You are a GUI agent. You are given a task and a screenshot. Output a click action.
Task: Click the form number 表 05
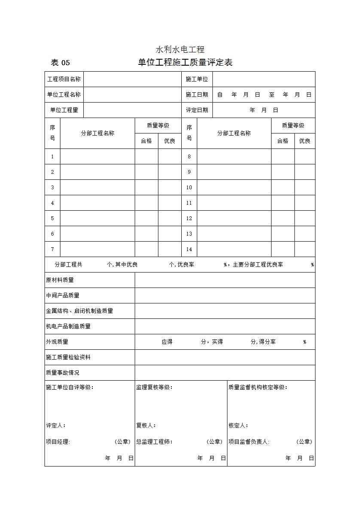pyautogui.click(x=60, y=63)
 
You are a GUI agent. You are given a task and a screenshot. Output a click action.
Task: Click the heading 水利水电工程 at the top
pyautogui.click(x=180, y=49)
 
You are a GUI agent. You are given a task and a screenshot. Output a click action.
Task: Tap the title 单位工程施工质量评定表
pyautogui.click(x=185, y=63)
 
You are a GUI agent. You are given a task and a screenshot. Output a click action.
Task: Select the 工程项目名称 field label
pyautogui.click(x=64, y=79)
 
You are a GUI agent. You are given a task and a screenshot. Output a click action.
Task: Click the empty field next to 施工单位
pyautogui.click(x=264, y=79)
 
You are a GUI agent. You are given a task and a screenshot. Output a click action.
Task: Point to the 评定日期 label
pyautogui.click(x=197, y=110)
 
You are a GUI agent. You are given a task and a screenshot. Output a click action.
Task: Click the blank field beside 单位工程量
pyautogui.click(x=132, y=110)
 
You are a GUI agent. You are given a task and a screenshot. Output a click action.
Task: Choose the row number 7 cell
pyautogui.click(x=52, y=249)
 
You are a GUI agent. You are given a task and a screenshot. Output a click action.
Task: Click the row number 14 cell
pyautogui.click(x=189, y=249)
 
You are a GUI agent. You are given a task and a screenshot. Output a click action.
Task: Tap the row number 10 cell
pyautogui.click(x=189, y=188)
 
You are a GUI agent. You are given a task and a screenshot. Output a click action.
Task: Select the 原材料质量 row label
pyautogui.click(x=60, y=280)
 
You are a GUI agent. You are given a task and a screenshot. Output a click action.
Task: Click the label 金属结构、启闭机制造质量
pyautogui.click(x=79, y=311)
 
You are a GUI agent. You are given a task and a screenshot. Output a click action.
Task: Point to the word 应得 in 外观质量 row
pyautogui.click(x=167, y=342)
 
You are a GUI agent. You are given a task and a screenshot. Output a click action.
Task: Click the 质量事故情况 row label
pyautogui.click(x=63, y=373)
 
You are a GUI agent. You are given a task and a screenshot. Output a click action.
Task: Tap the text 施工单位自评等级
pyautogui.click(x=70, y=388)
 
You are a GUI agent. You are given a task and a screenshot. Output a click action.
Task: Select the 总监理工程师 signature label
pyautogui.click(x=154, y=442)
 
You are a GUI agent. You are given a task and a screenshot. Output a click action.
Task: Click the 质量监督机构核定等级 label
pyautogui.click(x=258, y=388)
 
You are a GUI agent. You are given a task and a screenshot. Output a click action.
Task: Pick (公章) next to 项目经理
pyautogui.click(x=122, y=442)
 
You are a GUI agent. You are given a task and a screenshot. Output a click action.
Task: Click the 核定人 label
pyautogui.click(x=238, y=426)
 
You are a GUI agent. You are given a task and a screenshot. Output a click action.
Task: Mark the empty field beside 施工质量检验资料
pyautogui.click(x=225, y=358)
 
